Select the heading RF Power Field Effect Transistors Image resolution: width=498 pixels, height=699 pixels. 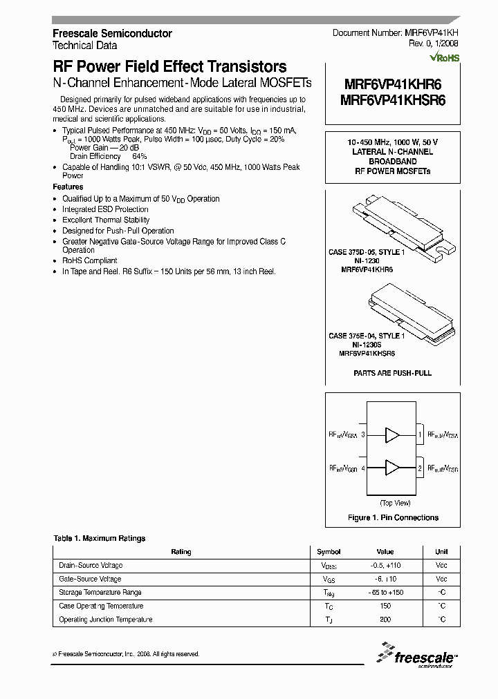pos(169,67)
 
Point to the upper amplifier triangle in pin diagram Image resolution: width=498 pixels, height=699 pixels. pos(392,435)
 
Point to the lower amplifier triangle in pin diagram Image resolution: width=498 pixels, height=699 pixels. pos(392,468)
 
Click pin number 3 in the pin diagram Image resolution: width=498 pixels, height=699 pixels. pos(363,435)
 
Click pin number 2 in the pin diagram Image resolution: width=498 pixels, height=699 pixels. pos(420,468)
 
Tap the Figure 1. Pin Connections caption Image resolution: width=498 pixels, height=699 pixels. pos(392,517)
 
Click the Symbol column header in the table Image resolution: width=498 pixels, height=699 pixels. pos(329,552)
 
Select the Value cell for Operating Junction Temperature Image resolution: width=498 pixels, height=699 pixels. pos(385,620)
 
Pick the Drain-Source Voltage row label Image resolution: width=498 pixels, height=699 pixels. pos(91,566)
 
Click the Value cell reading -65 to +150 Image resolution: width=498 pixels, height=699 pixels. pos(385,593)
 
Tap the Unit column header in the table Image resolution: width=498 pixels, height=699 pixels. pos(441,552)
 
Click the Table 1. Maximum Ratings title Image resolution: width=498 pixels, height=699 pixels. pos(99,538)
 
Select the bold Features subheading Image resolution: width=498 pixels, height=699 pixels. pos(68,187)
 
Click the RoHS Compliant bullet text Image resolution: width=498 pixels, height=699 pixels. pos(89,261)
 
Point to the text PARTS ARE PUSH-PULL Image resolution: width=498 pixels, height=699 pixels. pos(392,373)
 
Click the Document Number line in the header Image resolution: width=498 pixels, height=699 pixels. pos(396,33)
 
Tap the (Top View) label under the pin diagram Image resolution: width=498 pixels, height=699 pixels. pos(396,503)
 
